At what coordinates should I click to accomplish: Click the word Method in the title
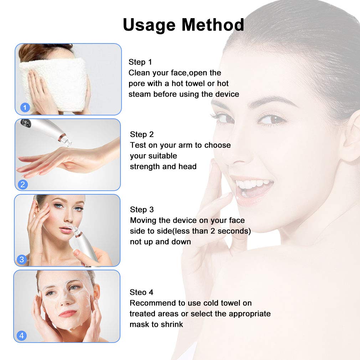pyautogui.click(x=213, y=25)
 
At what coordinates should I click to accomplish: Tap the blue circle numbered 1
pyautogui.click(x=25, y=107)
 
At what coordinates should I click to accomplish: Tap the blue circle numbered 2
pyautogui.click(x=23, y=184)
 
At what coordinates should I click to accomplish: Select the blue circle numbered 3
pyautogui.click(x=22, y=259)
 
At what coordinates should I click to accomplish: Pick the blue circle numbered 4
pyautogui.click(x=22, y=336)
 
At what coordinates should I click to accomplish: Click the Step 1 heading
pyautogui.click(x=140, y=62)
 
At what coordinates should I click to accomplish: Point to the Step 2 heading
pyautogui.click(x=142, y=134)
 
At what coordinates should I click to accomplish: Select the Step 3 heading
pyautogui.click(x=142, y=210)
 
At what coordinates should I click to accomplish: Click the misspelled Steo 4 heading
pyautogui.click(x=141, y=292)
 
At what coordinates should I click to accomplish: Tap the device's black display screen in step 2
pyautogui.click(x=26, y=123)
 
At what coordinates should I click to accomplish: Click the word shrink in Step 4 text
pyautogui.click(x=172, y=324)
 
